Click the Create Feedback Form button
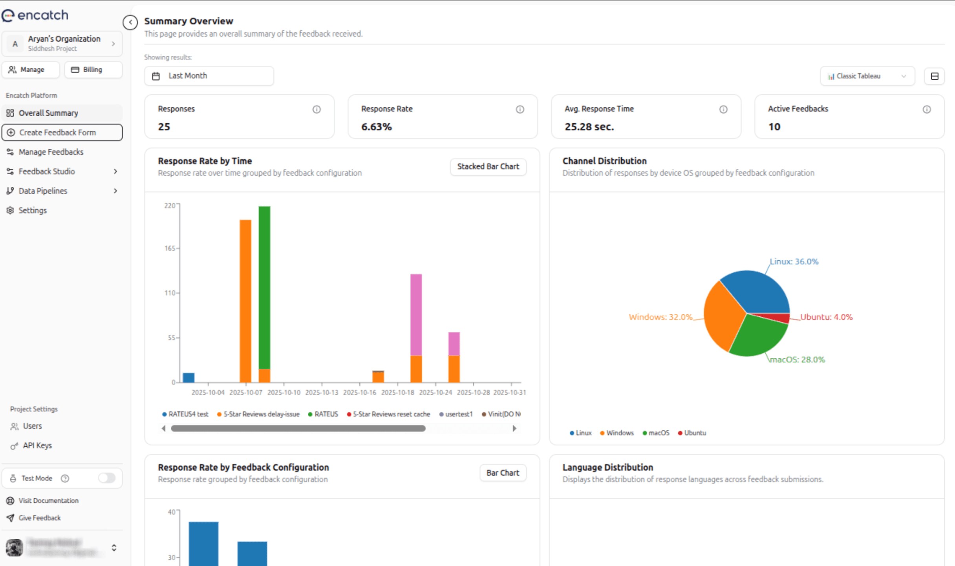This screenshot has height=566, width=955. (x=62, y=132)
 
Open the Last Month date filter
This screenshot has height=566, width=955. (x=209, y=76)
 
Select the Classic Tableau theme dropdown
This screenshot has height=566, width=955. (x=867, y=76)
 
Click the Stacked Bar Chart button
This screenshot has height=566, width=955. (x=488, y=166)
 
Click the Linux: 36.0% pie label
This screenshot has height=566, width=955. (x=794, y=261)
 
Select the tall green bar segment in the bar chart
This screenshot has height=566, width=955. (x=264, y=287)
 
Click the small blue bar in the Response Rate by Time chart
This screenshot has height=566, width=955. (x=188, y=378)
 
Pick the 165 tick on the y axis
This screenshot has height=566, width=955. (x=170, y=248)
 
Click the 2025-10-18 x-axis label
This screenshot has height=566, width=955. (x=397, y=392)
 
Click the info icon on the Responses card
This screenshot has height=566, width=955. (x=317, y=110)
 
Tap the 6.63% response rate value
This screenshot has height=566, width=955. (x=376, y=127)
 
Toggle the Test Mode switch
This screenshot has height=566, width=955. (x=106, y=478)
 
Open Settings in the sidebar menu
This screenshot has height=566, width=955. (x=33, y=210)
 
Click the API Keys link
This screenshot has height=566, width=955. (x=37, y=445)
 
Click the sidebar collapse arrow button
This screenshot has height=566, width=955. (x=130, y=22)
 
